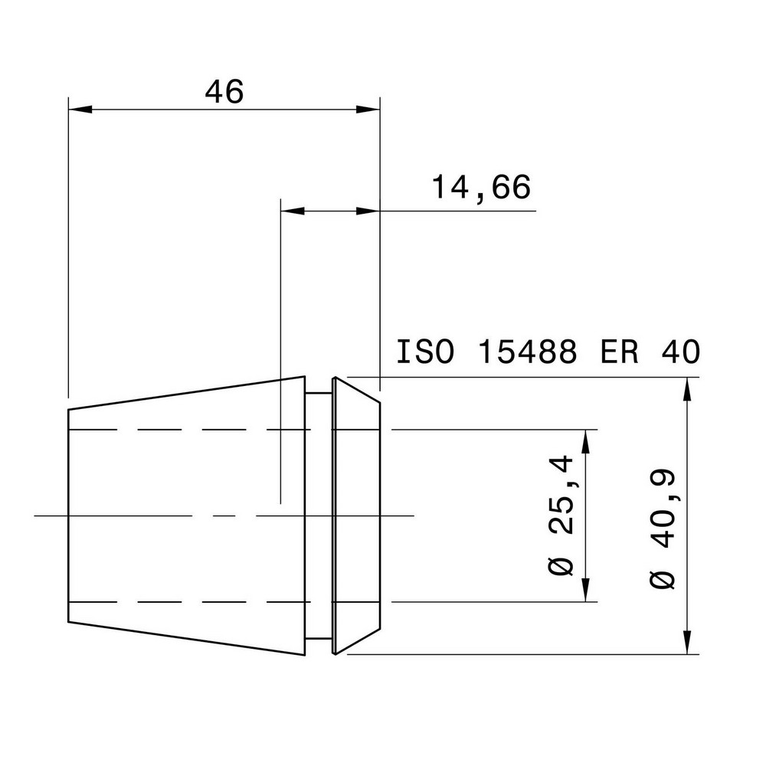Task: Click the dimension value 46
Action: point(224,92)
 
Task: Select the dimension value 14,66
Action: point(481,188)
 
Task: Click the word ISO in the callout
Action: point(425,352)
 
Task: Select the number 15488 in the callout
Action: point(526,352)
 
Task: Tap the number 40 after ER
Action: point(679,352)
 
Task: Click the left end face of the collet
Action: point(69,516)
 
